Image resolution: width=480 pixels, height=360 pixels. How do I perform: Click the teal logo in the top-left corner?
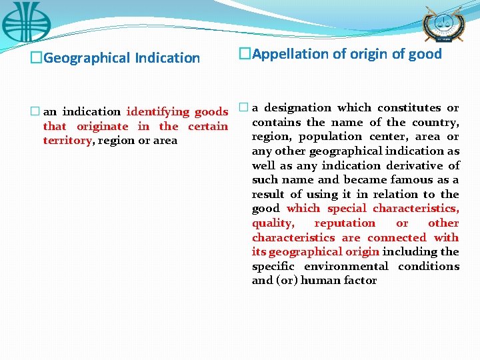pyautogui.click(x=26, y=22)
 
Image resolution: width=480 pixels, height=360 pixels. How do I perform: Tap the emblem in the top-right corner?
pyautogui.click(x=442, y=25)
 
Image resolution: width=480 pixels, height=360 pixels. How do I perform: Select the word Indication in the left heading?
pyautogui.click(x=167, y=58)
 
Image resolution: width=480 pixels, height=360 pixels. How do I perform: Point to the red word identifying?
pyautogui.click(x=158, y=111)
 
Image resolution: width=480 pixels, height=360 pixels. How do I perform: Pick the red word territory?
pyautogui.click(x=67, y=140)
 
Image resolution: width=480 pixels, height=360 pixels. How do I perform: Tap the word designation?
pyautogui.click(x=298, y=107)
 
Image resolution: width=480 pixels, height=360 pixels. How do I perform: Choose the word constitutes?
pyautogui.click(x=409, y=107)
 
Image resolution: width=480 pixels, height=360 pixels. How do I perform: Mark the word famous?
pyautogui.click(x=418, y=179)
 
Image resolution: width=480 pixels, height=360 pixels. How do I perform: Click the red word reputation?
pyautogui.click(x=345, y=223)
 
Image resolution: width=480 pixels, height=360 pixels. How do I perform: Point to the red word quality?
pyautogui.click(x=272, y=223)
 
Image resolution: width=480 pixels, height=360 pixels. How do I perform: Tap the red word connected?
pyautogui.click(x=397, y=237)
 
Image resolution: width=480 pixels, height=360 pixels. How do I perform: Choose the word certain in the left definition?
pyautogui.click(x=208, y=126)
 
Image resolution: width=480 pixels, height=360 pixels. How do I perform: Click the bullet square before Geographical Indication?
pyautogui.click(x=34, y=58)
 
